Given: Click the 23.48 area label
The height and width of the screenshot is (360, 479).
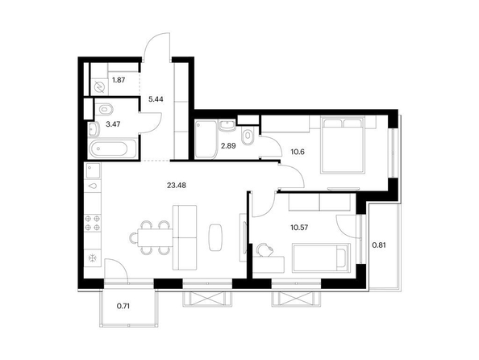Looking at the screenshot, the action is coord(177,185).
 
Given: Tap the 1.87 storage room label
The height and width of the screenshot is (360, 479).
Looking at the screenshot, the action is coord(119,80).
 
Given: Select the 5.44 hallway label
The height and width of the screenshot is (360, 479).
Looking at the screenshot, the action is coord(156,99).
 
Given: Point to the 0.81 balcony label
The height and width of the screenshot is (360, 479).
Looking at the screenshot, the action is coord(379,245).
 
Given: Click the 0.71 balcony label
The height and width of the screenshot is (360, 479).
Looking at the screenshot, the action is coord(123,306).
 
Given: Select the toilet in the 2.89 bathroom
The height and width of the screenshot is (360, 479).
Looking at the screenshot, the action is coord(247,136).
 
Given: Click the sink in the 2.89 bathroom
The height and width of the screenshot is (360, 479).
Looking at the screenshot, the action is coord(227,125).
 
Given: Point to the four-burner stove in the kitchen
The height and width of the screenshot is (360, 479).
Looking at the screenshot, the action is coord(93,223).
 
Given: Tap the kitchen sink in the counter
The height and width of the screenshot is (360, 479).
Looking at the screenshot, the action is coord(93,170).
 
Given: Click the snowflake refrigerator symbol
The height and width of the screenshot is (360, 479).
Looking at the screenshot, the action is coord(92,258).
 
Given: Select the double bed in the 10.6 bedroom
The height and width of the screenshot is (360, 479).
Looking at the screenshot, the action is coord(342,144).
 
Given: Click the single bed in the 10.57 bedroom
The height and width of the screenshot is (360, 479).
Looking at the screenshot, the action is coord(321,257).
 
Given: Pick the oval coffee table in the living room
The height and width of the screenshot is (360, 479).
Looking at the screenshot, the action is coord(215,237).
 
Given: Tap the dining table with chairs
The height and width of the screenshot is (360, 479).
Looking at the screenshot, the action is coord(152,237).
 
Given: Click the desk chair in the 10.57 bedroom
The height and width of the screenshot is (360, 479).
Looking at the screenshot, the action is coord(264,249).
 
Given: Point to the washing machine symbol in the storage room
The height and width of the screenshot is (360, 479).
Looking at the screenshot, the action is coord(99,87).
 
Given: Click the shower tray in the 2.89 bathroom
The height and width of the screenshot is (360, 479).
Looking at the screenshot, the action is coord(206,140).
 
